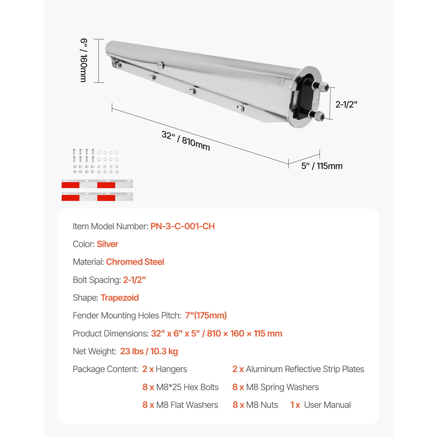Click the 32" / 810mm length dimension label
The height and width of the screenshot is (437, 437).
(x=186, y=140)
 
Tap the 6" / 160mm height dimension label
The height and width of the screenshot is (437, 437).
(x=83, y=60)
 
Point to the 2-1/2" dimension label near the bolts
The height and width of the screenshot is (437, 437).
(x=346, y=104)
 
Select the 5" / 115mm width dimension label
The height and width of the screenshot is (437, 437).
(x=322, y=166)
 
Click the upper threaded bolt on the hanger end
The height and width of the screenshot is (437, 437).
(x=320, y=86)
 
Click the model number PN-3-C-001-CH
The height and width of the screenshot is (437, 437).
(x=183, y=226)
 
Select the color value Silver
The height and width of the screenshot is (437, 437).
(x=108, y=244)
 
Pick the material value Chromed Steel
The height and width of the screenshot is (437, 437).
(x=135, y=262)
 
